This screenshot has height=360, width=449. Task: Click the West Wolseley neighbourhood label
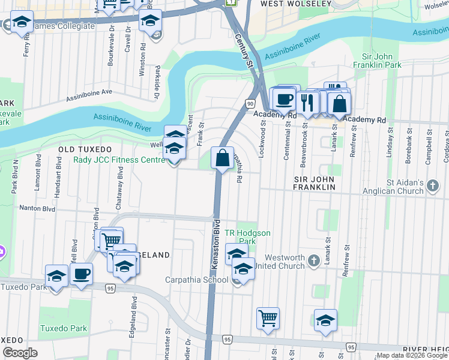click(x=296, y=4)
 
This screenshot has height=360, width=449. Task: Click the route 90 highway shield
click(x=249, y=104)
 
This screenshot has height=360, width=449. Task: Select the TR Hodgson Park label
click(x=247, y=237)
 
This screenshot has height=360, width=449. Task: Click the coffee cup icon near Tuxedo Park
click(x=81, y=274)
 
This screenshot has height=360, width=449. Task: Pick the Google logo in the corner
click(x=20, y=353)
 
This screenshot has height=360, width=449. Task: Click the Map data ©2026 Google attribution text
click(x=411, y=355)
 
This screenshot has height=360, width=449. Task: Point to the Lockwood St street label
click(x=262, y=138)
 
